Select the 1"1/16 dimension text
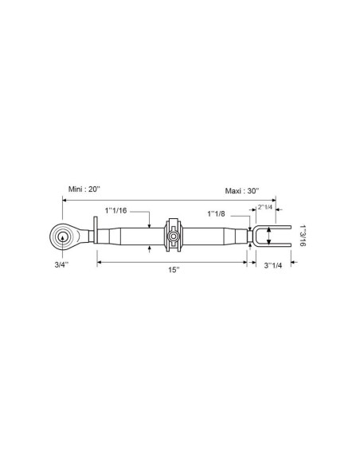(115, 211)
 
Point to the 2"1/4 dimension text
(265, 207)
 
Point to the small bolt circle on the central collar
(172, 236)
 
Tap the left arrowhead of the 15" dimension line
(99, 261)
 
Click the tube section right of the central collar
(211, 236)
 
